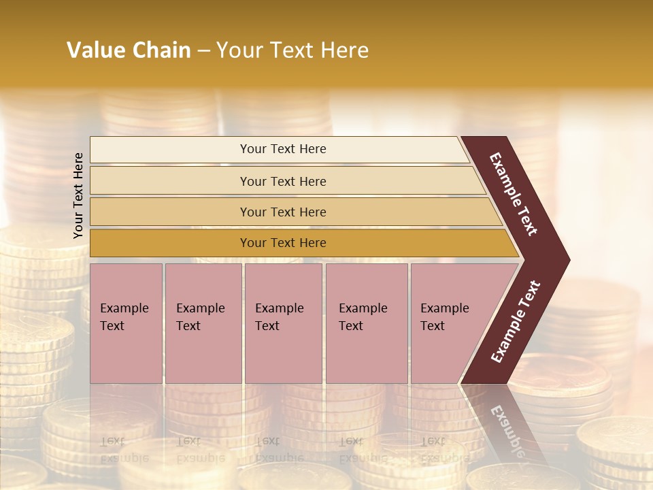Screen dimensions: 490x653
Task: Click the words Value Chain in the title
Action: tap(129, 50)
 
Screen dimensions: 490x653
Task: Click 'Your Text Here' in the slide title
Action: tap(292, 50)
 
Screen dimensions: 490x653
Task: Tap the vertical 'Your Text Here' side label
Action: tap(78, 195)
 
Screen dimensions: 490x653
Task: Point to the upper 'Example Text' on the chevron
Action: tap(514, 193)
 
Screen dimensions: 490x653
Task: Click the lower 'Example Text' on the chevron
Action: tap(516, 322)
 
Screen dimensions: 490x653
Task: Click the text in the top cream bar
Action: tap(283, 149)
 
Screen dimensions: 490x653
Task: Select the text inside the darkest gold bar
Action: tap(283, 243)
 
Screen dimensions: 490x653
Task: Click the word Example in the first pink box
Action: tap(124, 308)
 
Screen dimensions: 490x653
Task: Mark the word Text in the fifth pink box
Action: tap(433, 326)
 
